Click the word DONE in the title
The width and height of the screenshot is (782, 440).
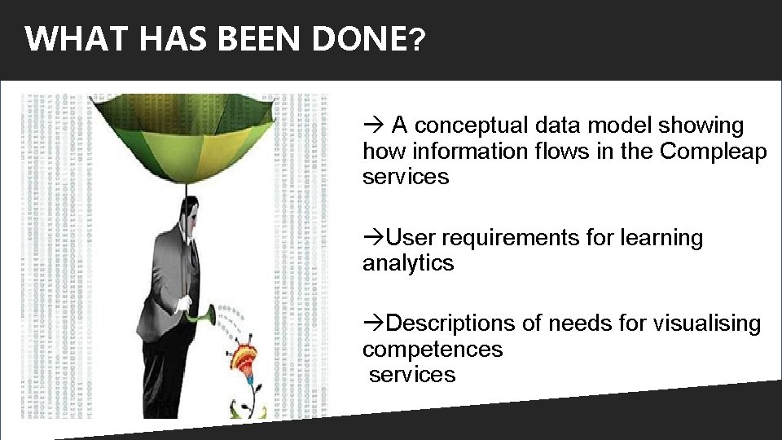tap(358, 38)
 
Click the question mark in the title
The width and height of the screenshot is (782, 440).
tap(416, 39)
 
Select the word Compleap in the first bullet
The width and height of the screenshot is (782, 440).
tap(714, 152)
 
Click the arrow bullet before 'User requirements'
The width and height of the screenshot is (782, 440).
tap(372, 238)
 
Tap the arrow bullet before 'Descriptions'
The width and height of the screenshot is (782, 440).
tap(372, 323)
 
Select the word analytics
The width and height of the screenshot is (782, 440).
tap(408, 263)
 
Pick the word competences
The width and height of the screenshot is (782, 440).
tap(433, 350)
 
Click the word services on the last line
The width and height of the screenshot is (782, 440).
tap(412, 375)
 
